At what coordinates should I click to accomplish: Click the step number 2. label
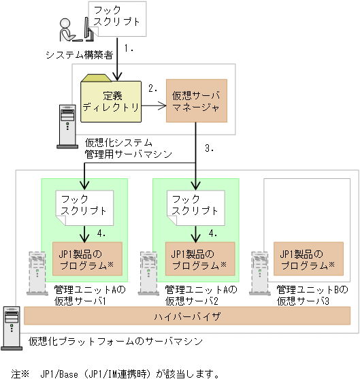click(x=154, y=88)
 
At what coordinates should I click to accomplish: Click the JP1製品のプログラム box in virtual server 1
click(x=87, y=259)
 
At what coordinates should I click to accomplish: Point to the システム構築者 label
click(x=79, y=54)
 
